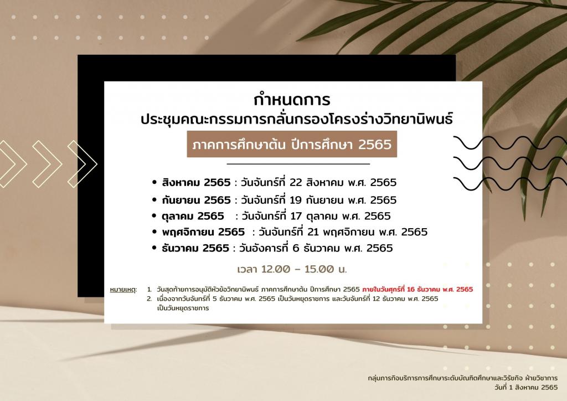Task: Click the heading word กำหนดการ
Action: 292,100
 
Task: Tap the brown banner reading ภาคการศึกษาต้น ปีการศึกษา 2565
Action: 292,144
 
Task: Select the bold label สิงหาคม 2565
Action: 196,182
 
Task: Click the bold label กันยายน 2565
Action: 196,199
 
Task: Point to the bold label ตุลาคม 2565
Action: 193,216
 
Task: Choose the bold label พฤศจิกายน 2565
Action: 203,232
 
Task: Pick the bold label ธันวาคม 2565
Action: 195,248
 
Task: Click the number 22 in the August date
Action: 296,182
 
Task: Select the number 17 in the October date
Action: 296,216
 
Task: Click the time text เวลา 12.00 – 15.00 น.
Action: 292,269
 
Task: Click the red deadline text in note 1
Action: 417,289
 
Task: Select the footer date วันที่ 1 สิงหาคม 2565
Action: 526,387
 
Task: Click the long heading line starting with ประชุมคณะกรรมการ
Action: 297,119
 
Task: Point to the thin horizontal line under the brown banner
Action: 298,164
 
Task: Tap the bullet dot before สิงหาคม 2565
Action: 155,183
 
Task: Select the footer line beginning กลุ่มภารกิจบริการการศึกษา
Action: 463,378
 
